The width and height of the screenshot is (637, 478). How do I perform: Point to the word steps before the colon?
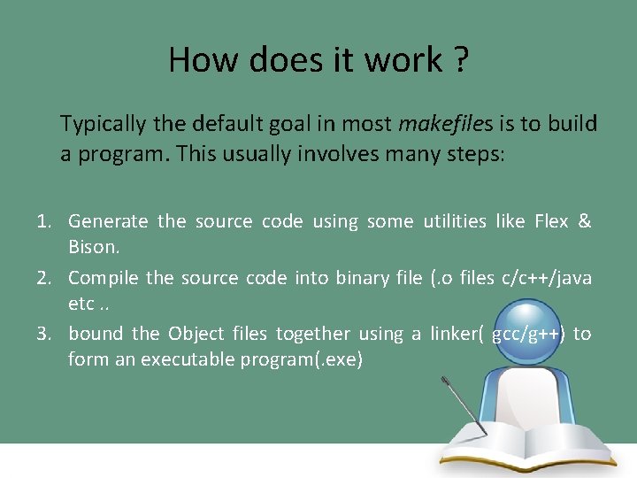pyautogui.click(x=473, y=153)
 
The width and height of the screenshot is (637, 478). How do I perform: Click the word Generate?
pyautogui.click(x=108, y=221)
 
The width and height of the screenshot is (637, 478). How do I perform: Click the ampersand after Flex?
pyautogui.click(x=584, y=221)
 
